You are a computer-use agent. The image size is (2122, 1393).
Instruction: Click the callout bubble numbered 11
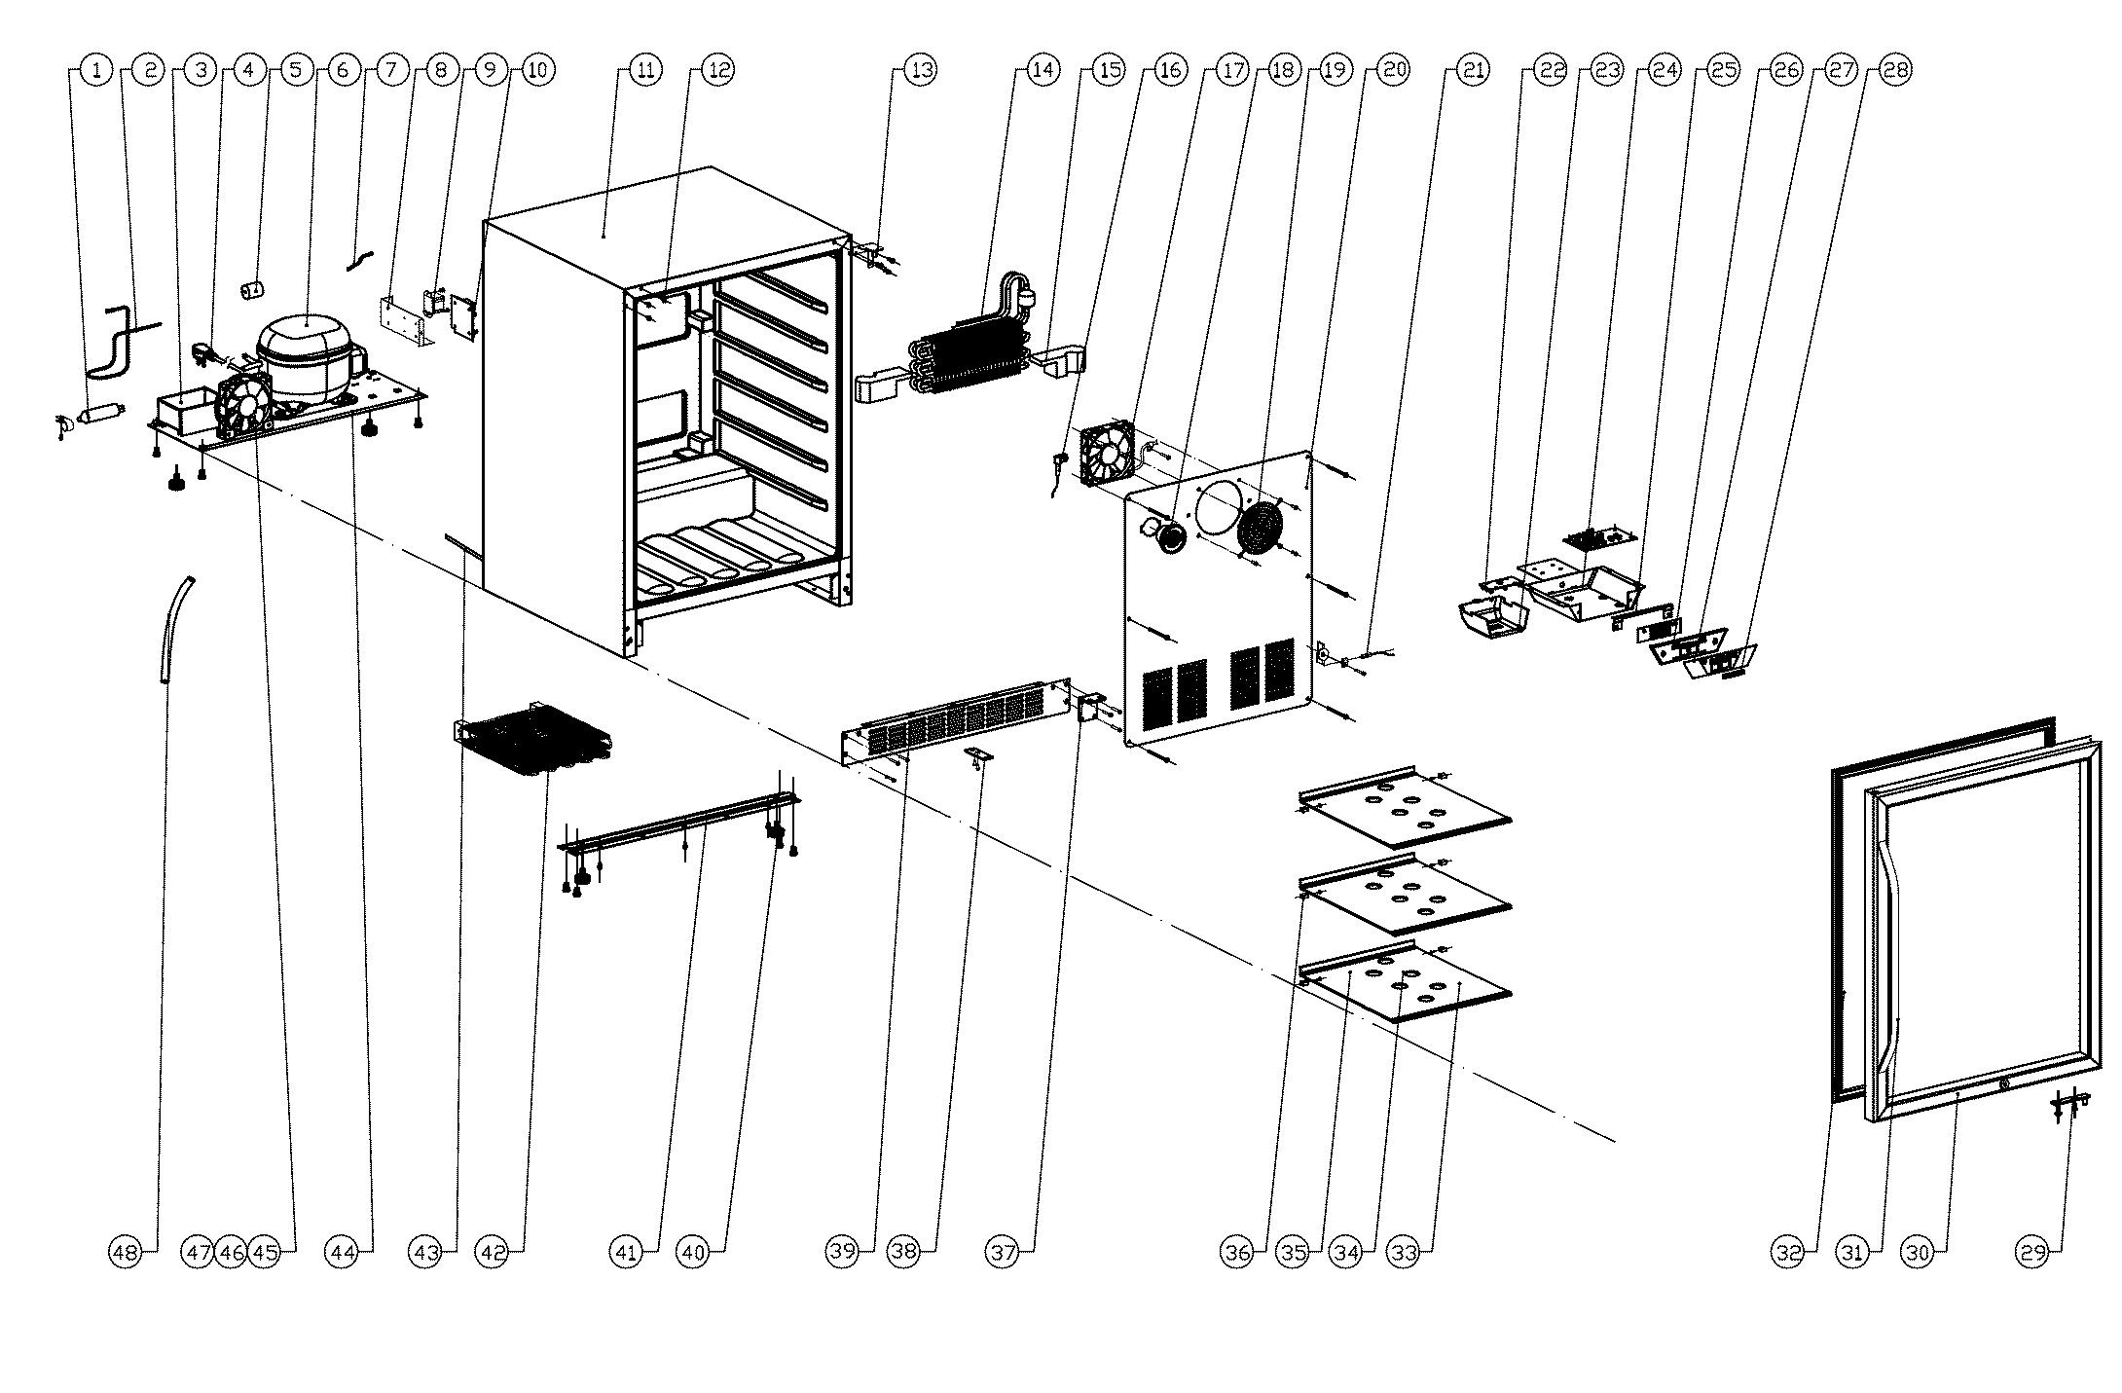click(x=643, y=70)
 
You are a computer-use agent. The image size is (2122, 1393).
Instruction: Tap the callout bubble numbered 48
click(x=124, y=1252)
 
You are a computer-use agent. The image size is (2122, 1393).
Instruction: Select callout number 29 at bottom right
click(x=2033, y=1252)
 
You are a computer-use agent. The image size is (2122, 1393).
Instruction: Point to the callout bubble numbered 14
click(x=1041, y=70)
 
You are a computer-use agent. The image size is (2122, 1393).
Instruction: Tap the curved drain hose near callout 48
click(x=175, y=630)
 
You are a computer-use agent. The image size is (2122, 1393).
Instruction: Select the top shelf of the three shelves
click(x=1405, y=807)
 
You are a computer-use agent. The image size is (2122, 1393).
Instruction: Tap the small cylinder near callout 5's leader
click(x=254, y=289)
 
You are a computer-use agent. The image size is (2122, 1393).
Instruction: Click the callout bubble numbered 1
click(x=95, y=70)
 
